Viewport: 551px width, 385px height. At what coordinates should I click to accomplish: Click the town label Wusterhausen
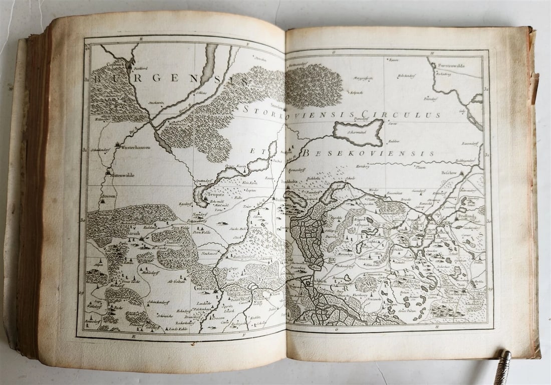pyautogui.click(x=134, y=148)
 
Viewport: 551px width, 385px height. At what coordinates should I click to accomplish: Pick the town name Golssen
pyautogui.click(x=207, y=290)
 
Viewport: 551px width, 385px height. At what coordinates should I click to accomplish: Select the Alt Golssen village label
pyautogui.click(x=176, y=282)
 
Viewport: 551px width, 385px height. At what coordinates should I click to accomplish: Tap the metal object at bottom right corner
pyautogui.click(x=502, y=367)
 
